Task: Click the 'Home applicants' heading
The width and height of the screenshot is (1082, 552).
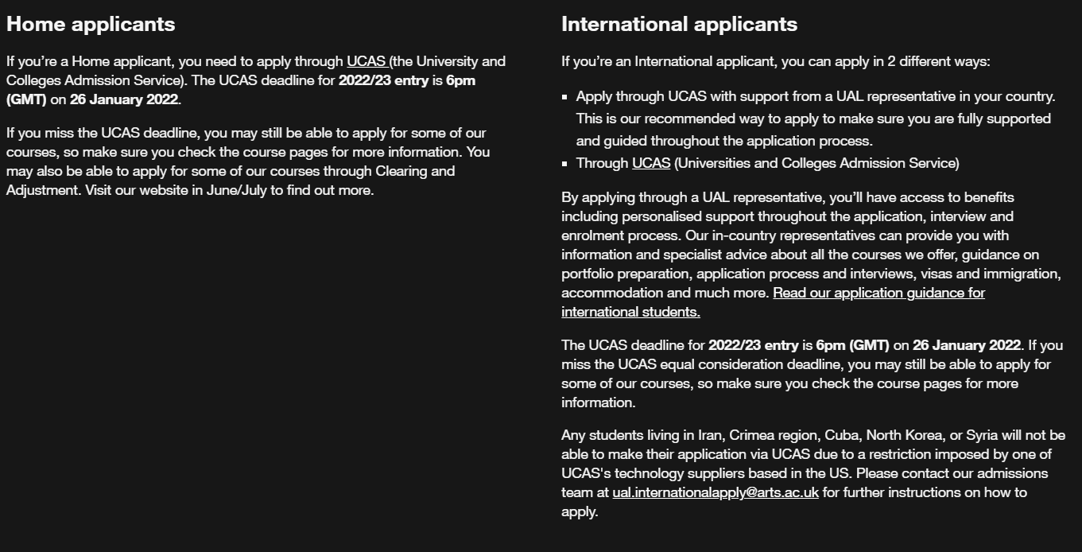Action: [x=91, y=24]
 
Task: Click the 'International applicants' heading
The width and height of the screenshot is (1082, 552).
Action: [x=679, y=24]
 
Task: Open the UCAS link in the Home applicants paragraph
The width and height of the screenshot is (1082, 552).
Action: [x=366, y=61]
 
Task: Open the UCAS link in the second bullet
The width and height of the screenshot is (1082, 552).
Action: [x=651, y=163]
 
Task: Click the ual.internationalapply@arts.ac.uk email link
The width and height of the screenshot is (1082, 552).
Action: [x=716, y=492]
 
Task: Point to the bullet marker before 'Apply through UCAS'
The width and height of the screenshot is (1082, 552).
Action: [x=564, y=97]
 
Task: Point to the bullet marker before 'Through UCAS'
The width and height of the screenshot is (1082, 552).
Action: [x=564, y=164]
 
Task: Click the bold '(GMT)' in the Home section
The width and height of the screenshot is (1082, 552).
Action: [x=26, y=99]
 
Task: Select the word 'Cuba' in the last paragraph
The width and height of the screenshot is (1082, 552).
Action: [x=841, y=435]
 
